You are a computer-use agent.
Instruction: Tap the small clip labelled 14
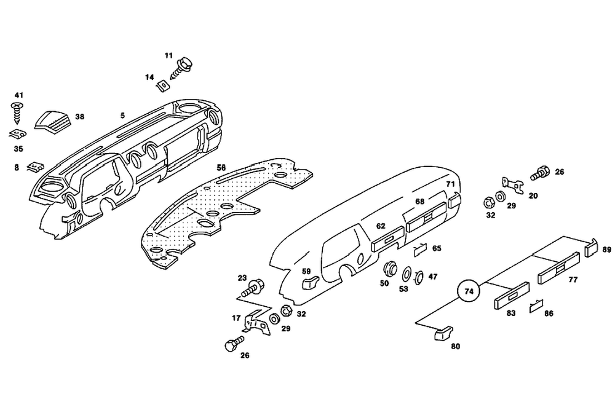pyautogui.click(x=164, y=85)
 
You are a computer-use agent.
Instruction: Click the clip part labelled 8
pyautogui.click(x=36, y=167)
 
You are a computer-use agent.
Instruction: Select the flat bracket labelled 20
pyautogui.click(x=511, y=183)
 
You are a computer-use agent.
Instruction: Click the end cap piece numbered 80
pyautogui.click(x=442, y=333)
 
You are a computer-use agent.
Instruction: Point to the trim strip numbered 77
pyautogui.click(x=559, y=269)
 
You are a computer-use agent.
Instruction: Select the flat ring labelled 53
pyautogui.click(x=407, y=273)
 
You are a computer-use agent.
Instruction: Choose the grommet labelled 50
pyautogui.click(x=389, y=269)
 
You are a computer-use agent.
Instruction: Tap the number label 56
pyautogui.click(x=221, y=167)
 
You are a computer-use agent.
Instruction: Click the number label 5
pyautogui.click(x=122, y=116)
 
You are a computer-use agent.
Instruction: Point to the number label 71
pyautogui.click(x=450, y=184)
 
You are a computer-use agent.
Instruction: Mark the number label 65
pyautogui.click(x=437, y=248)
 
